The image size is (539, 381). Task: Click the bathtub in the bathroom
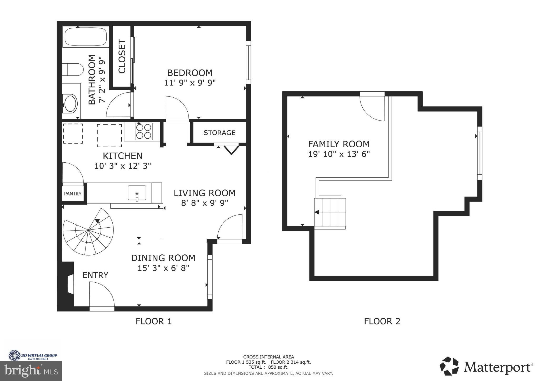86,37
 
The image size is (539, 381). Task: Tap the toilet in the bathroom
73,69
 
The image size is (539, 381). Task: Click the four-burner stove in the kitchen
143,131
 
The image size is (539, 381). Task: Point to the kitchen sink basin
137,193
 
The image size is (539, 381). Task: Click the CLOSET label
122,56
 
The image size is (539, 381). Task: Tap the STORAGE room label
219,133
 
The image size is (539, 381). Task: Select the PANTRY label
73,194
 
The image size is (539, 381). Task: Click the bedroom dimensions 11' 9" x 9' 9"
190,83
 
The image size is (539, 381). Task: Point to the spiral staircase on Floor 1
88,232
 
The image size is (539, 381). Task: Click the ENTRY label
95,275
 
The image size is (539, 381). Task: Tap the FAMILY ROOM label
339,144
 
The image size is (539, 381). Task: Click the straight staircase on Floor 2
330,212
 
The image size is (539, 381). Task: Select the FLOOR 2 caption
382,321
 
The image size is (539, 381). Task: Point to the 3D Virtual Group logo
33,355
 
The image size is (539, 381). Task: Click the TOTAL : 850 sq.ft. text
268,367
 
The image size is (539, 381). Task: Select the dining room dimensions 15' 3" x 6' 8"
163,268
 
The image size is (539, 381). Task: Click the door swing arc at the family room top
371,108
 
